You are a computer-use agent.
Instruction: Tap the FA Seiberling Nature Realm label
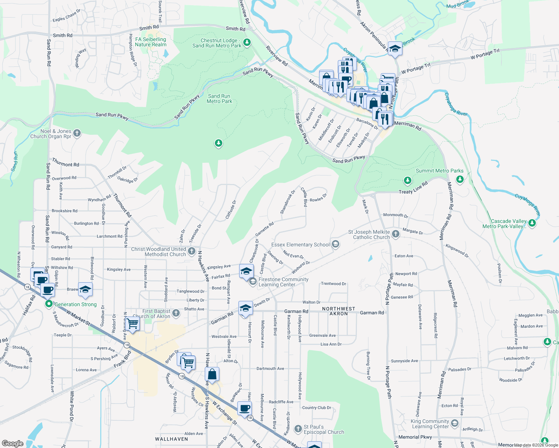151,42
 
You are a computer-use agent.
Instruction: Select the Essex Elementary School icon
336,245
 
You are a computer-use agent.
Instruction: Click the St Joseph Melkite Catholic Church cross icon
396,234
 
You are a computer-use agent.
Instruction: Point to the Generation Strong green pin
49,304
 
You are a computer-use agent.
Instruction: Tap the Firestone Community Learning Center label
283,282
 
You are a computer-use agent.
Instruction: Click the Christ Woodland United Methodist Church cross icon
192,251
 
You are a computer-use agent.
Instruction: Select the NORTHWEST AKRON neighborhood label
339,311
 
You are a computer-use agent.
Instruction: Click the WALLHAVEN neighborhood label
172,439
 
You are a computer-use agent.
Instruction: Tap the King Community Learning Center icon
454,423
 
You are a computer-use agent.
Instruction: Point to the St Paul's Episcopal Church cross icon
298,429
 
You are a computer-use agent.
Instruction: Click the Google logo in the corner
12,443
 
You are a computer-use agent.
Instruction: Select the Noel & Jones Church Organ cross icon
77,133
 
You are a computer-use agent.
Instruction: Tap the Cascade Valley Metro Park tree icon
532,224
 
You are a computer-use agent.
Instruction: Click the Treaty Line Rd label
413,189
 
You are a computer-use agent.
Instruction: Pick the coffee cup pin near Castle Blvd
244,408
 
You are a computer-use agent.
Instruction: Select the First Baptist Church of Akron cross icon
176,313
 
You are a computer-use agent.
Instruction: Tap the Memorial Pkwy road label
415,437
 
